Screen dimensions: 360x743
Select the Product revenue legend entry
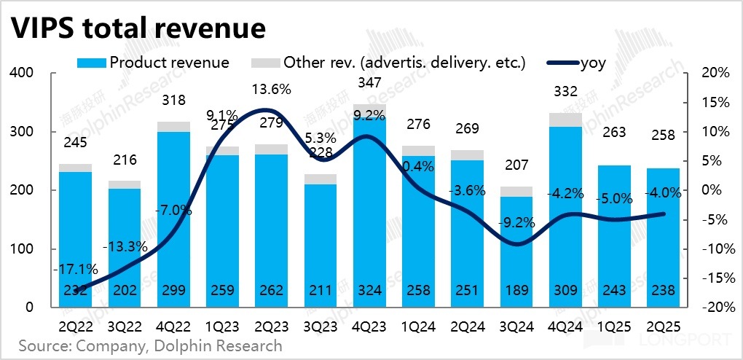click(153, 63)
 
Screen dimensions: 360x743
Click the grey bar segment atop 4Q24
click(565, 120)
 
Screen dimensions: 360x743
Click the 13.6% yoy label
click(271, 90)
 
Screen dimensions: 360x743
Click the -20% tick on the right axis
click(715, 308)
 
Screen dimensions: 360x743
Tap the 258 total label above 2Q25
click(662, 135)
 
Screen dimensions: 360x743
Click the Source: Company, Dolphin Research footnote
click(150, 345)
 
